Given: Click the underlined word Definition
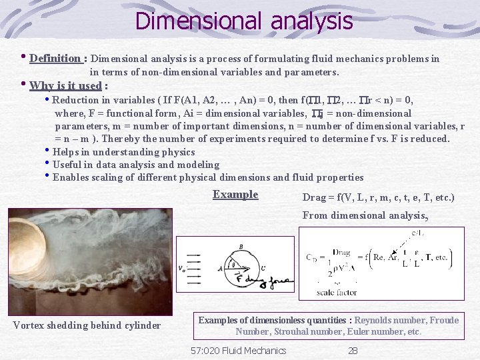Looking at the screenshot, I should [x=55, y=58].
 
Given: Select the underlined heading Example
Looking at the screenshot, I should [x=235, y=195].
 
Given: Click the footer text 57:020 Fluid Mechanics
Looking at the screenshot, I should [x=238, y=350].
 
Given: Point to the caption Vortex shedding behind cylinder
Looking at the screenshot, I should [x=87, y=325].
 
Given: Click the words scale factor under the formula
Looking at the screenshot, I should [x=337, y=292].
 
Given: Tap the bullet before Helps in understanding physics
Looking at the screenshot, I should [x=48, y=151].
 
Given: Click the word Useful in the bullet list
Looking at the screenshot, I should [x=67, y=165].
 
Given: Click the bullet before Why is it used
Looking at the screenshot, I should [x=24, y=85].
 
